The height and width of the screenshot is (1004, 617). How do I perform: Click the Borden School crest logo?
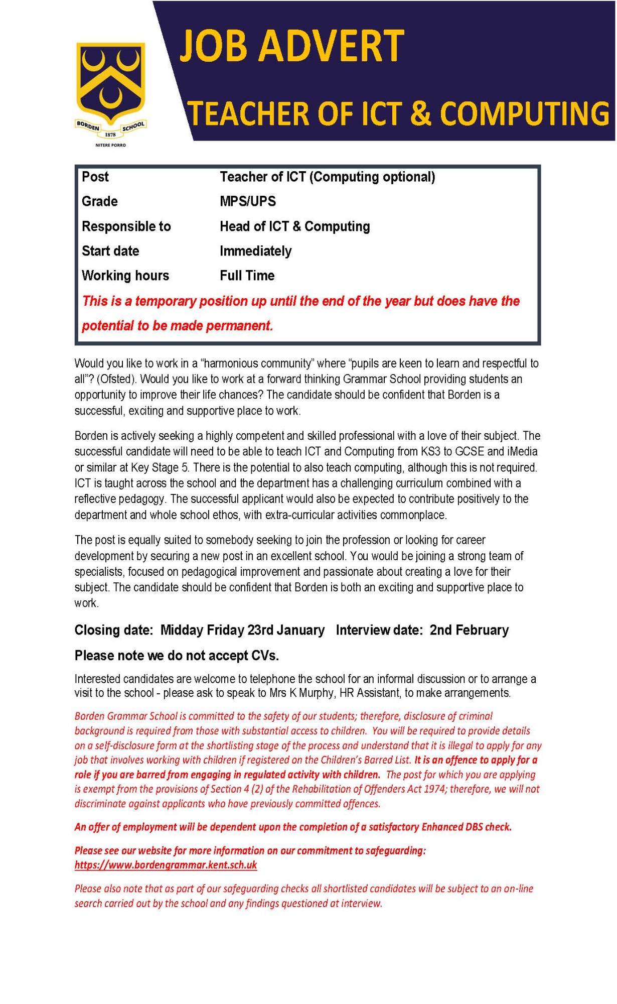pos(110,90)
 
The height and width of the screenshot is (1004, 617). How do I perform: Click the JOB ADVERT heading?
pos(291,46)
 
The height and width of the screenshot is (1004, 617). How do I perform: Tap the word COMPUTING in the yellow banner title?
pos(524,113)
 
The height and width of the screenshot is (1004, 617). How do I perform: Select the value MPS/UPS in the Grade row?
pos(248,202)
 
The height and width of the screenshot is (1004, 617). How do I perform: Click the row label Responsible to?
pos(126,226)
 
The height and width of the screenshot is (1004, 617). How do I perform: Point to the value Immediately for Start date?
pos(255,251)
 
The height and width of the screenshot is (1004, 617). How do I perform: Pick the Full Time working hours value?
pos(247,276)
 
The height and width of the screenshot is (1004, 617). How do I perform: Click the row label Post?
pos(95,177)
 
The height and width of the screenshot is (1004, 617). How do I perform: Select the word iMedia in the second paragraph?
pos(522,451)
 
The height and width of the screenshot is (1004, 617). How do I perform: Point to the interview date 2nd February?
pos(469,630)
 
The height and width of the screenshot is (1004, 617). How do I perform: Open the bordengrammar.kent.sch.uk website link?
pos(166,864)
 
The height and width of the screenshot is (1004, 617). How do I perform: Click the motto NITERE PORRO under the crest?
pos(110,145)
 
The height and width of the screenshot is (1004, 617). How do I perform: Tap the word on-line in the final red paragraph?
pos(518,889)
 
